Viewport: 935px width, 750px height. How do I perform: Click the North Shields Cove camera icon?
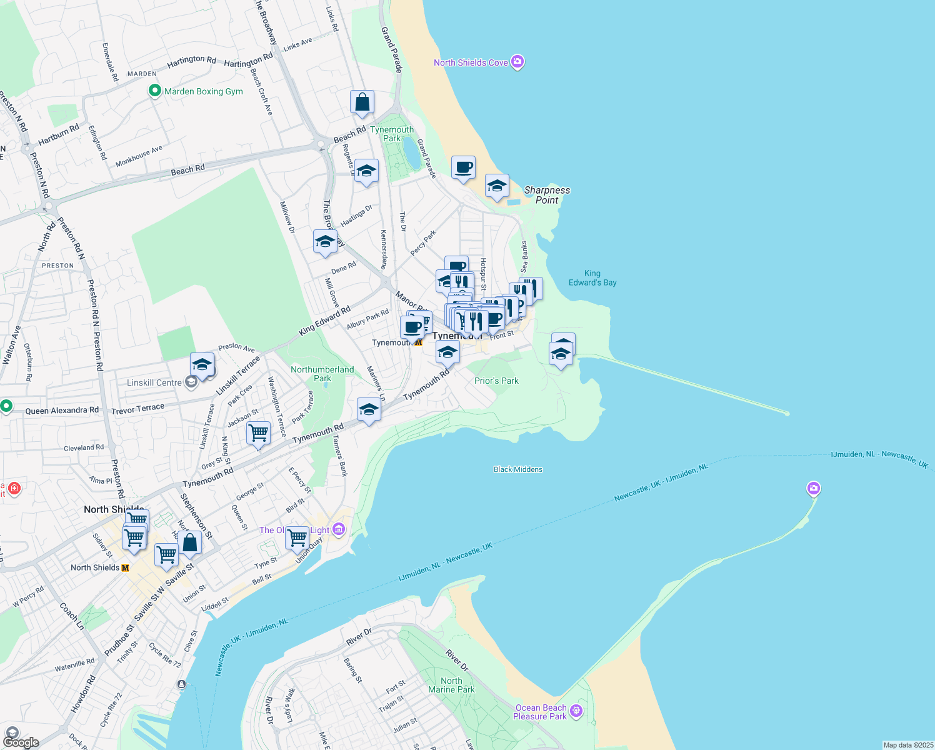517,62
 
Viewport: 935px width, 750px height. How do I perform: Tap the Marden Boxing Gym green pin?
154,91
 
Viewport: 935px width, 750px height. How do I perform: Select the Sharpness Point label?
547,195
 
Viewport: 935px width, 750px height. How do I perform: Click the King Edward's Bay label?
592,278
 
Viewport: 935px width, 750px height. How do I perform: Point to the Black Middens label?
518,469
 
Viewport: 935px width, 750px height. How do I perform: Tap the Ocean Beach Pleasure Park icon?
576,711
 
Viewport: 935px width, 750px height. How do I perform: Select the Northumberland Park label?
322,374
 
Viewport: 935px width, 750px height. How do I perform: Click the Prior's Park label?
496,381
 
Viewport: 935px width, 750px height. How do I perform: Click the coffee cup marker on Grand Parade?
463,167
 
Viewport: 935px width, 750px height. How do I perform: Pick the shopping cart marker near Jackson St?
258,432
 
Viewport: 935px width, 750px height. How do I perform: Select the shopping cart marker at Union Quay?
297,537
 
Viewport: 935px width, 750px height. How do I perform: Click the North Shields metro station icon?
126,567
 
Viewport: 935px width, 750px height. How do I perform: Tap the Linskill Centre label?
154,382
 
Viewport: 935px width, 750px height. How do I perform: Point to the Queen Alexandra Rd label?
62,411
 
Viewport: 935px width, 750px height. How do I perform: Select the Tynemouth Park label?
392,134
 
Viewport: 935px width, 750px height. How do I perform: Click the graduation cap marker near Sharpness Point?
497,186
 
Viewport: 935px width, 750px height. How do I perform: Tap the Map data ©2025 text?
908,745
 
